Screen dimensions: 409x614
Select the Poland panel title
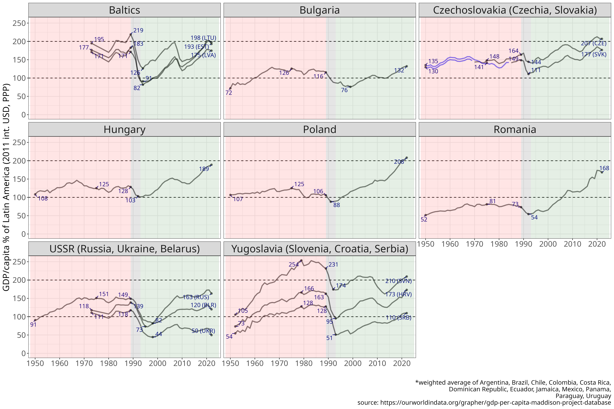pos(320,129)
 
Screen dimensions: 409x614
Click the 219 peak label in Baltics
pos(138,30)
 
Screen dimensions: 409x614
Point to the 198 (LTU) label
pos(203,38)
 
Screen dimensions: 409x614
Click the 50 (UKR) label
pos(203,331)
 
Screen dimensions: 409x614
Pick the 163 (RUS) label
pos(196,297)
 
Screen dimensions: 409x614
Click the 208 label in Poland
pos(399,162)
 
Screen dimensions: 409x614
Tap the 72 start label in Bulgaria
pos(229,93)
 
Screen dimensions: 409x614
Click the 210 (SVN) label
pos(398,281)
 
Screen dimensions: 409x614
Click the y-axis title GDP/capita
pos(6,187)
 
